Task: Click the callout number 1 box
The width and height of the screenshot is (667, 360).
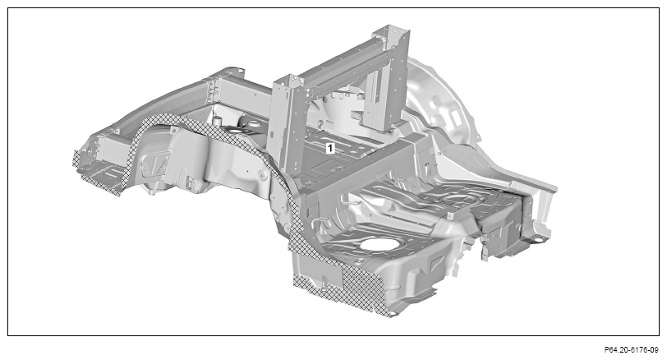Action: [x=330, y=148]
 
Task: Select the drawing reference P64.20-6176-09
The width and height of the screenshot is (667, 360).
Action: [x=631, y=350]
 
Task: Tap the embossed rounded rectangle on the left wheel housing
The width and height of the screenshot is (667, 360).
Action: [x=156, y=163]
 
